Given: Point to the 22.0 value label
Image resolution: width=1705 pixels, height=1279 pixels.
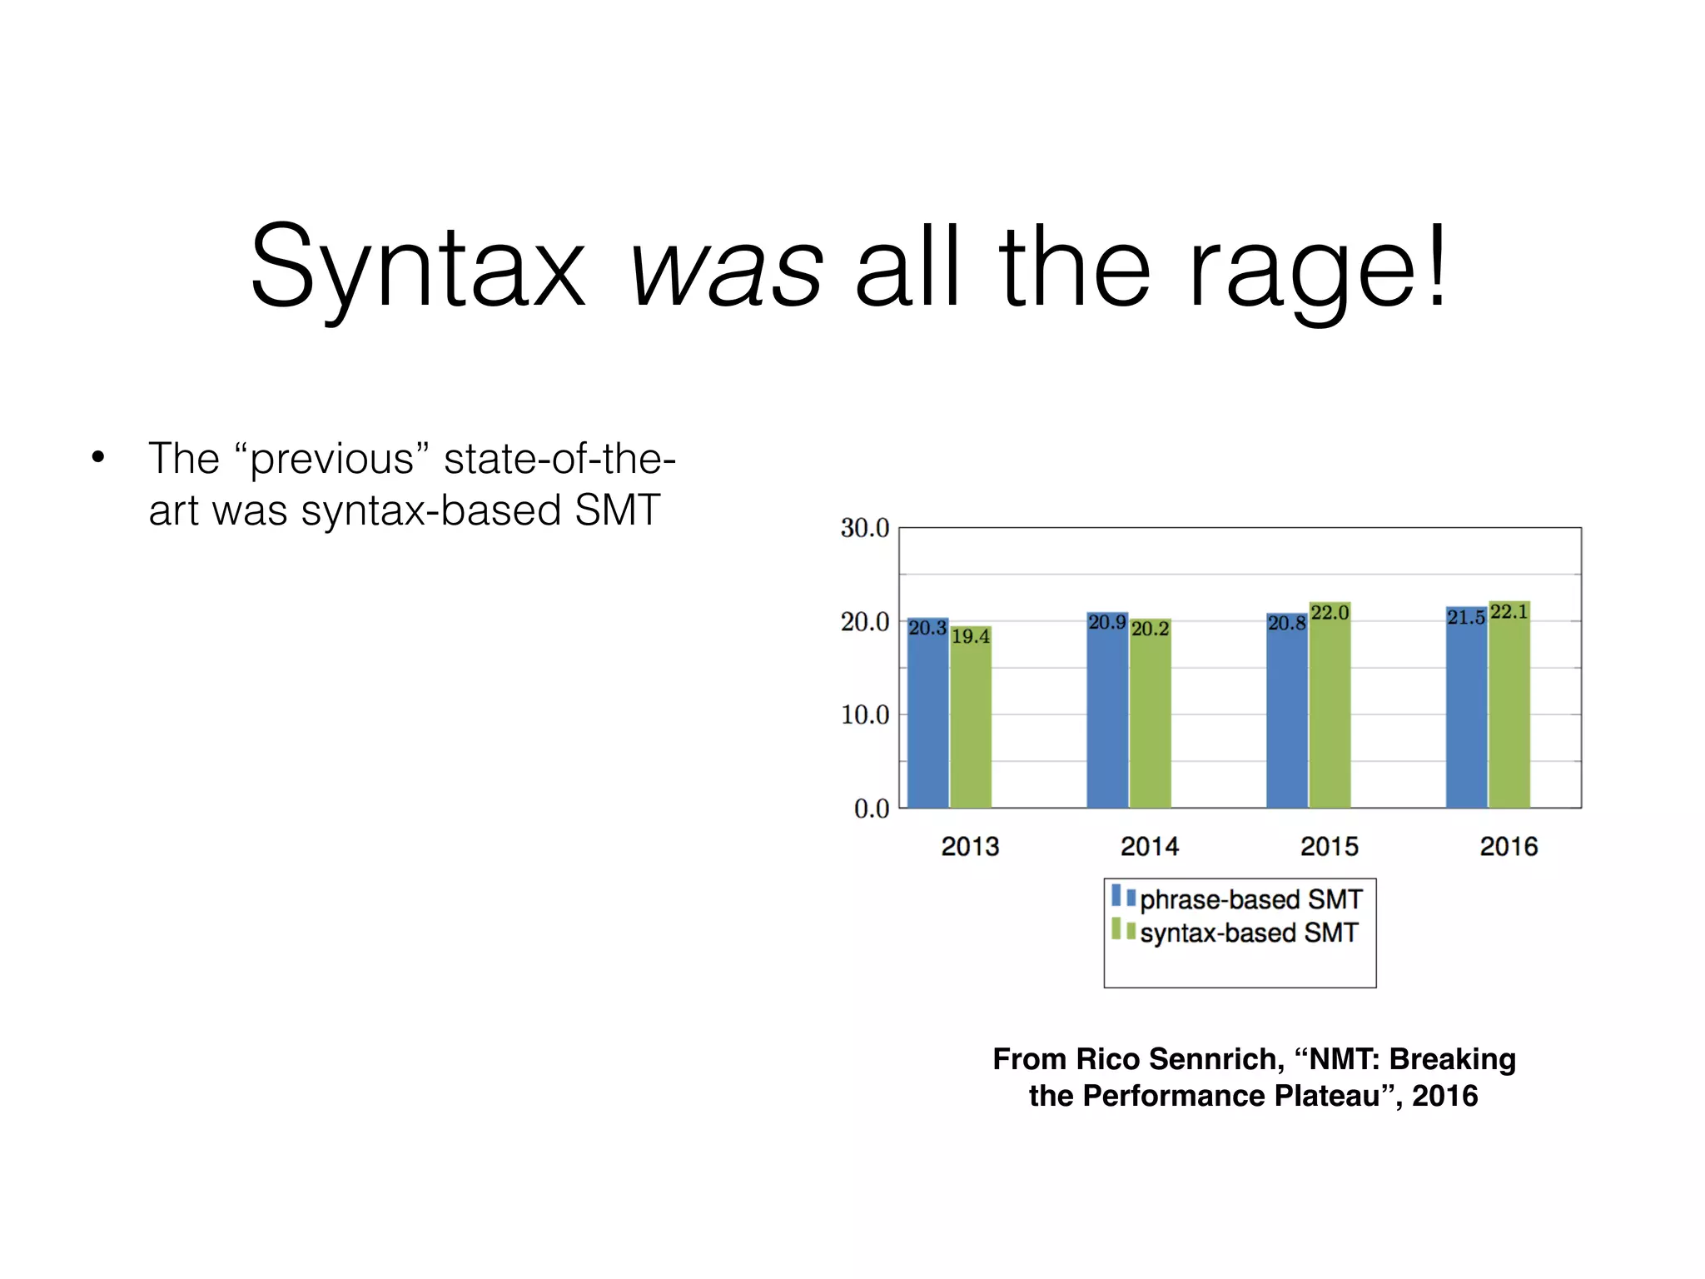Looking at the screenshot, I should [1330, 613].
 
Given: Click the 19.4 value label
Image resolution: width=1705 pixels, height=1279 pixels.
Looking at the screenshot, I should [971, 637].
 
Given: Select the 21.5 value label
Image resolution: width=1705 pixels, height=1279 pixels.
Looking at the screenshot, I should [1465, 618].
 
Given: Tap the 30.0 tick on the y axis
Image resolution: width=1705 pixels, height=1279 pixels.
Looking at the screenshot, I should [864, 528].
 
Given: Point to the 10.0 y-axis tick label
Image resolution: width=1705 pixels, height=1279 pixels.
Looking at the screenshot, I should [864, 714].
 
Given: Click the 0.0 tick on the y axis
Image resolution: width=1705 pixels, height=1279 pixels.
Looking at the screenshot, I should [871, 809].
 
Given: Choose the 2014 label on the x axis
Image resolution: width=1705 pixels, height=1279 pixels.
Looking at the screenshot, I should [1150, 847].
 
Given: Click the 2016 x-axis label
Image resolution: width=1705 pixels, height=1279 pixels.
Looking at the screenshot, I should [1509, 847].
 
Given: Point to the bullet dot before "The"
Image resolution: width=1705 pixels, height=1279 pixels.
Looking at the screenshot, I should [99, 457].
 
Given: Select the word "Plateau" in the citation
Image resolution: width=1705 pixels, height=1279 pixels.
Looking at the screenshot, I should [1331, 1096].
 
